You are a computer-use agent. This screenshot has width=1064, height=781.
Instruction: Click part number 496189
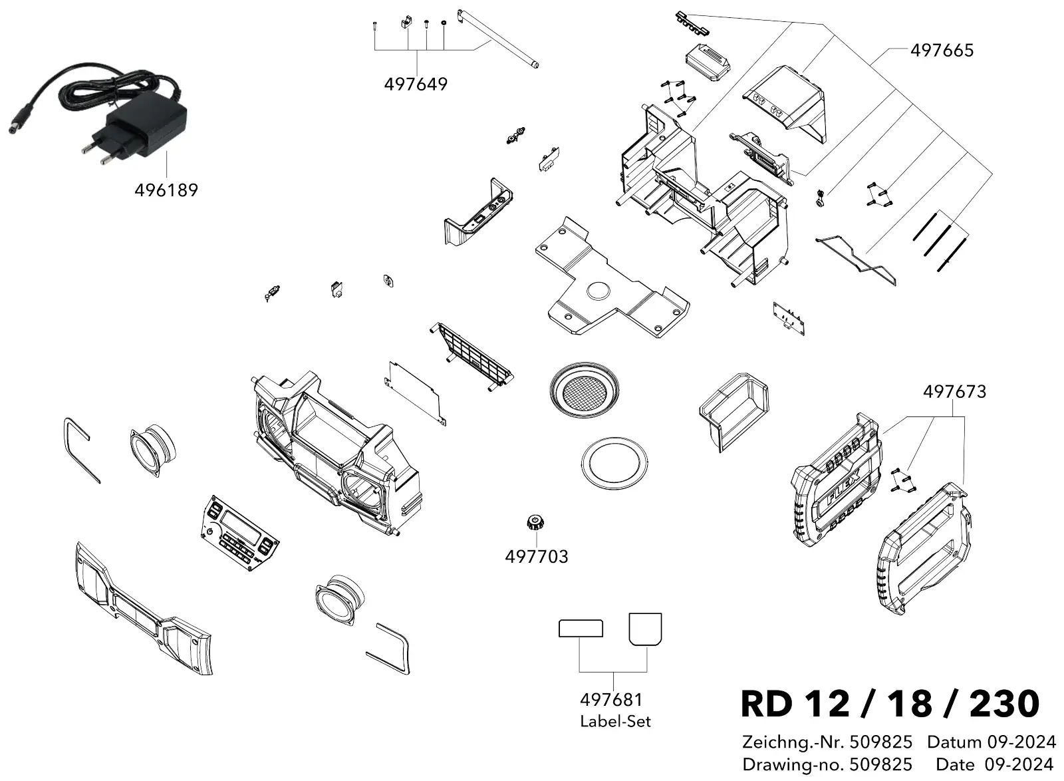tap(166, 190)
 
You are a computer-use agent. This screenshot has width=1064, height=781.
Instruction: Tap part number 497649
tap(416, 84)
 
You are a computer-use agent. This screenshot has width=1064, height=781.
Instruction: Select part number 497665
tap(942, 51)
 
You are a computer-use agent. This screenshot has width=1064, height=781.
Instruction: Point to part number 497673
tap(954, 392)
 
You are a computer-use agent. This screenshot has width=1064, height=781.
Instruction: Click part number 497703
tap(537, 556)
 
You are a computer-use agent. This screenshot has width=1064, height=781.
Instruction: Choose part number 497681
tap(611, 700)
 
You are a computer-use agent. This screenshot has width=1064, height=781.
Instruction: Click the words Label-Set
tap(615, 722)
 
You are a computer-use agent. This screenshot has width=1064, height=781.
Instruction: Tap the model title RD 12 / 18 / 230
tap(890, 704)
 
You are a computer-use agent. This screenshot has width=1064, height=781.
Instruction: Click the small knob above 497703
tap(535, 522)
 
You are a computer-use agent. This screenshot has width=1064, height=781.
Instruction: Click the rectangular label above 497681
tap(581, 629)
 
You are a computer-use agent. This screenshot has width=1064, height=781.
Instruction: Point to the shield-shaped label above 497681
tap(645, 629)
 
